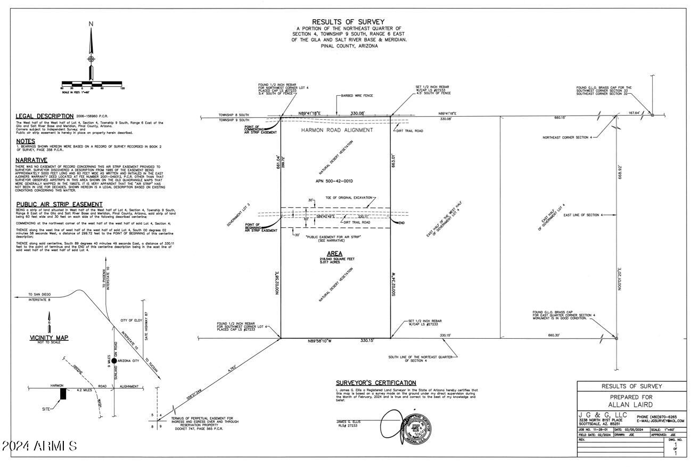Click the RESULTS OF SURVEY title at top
pos(348,22)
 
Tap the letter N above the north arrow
pos(91,23)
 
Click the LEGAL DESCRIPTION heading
pos(45,116)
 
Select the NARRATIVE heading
pos(31,160)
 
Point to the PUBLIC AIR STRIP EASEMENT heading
pos(60,204)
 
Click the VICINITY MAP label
pos(49,338)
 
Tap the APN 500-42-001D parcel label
pos(334,181)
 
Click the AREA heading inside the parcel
pos(335,253)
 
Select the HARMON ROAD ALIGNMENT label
pos(337,130)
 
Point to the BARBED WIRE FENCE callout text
pos(358,96)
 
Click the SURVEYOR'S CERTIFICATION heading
pos(376,383)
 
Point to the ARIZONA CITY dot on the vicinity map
pos(114,361)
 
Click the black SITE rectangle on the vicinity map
pos(63,394)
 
